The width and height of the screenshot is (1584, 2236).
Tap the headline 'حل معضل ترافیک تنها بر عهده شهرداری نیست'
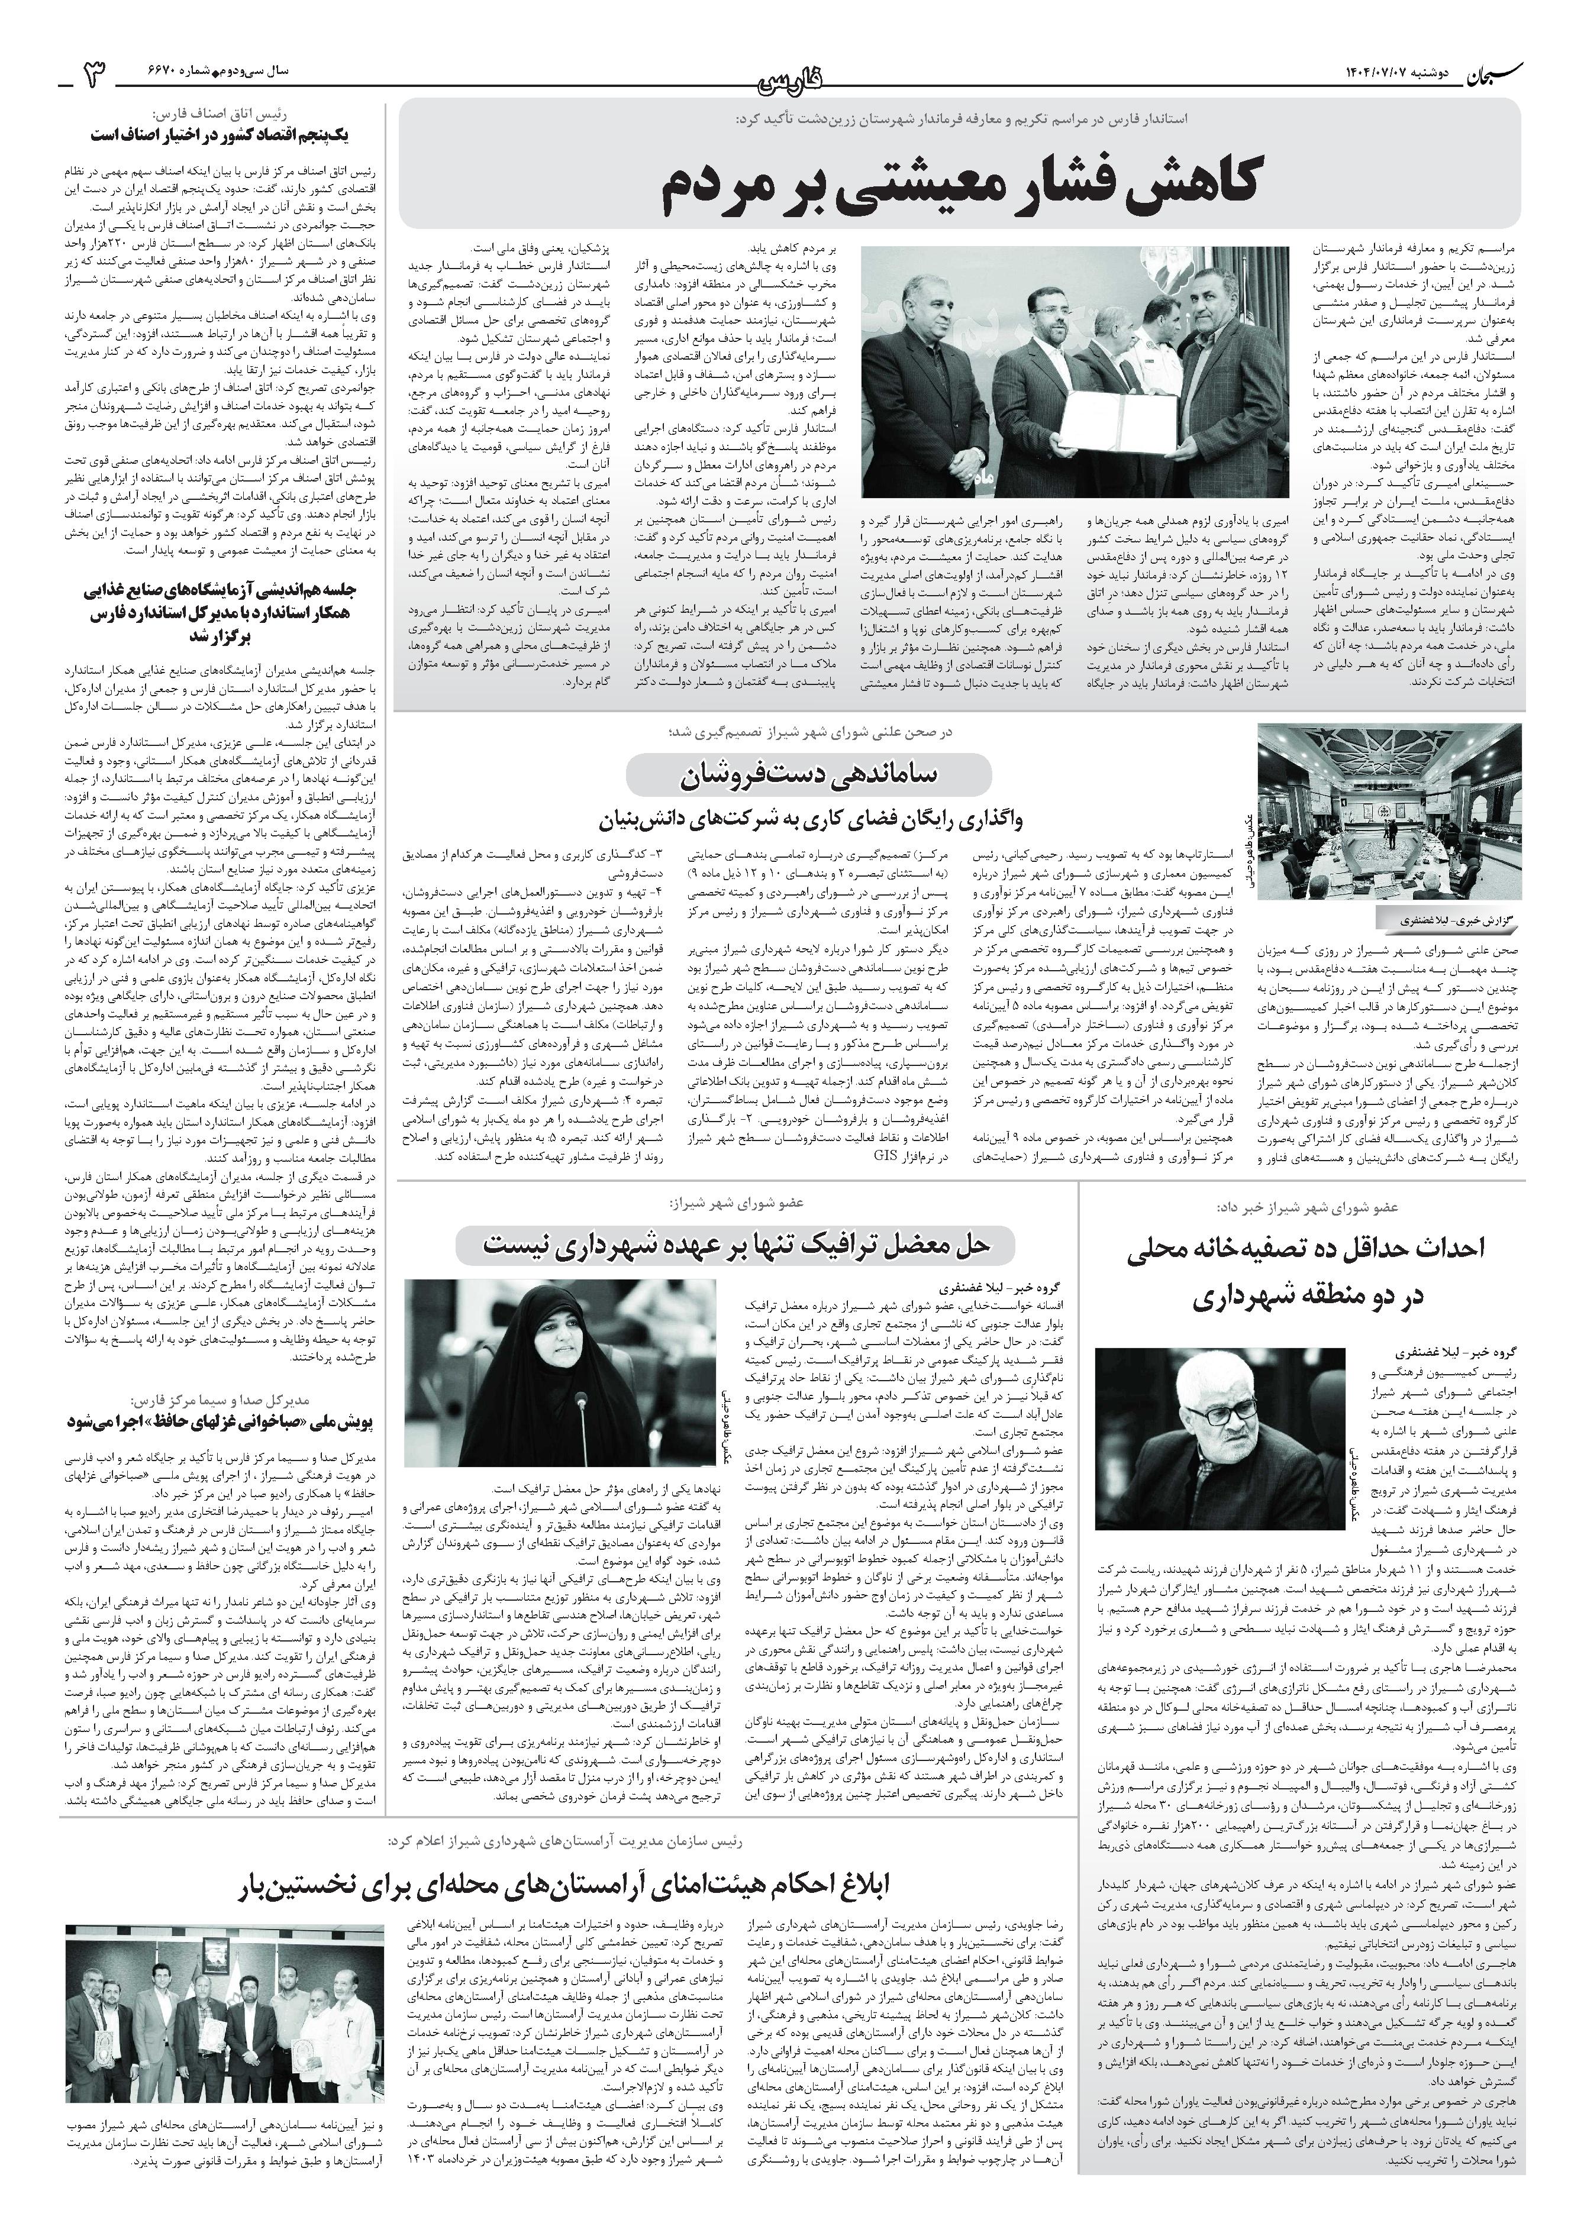(737, 1244)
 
